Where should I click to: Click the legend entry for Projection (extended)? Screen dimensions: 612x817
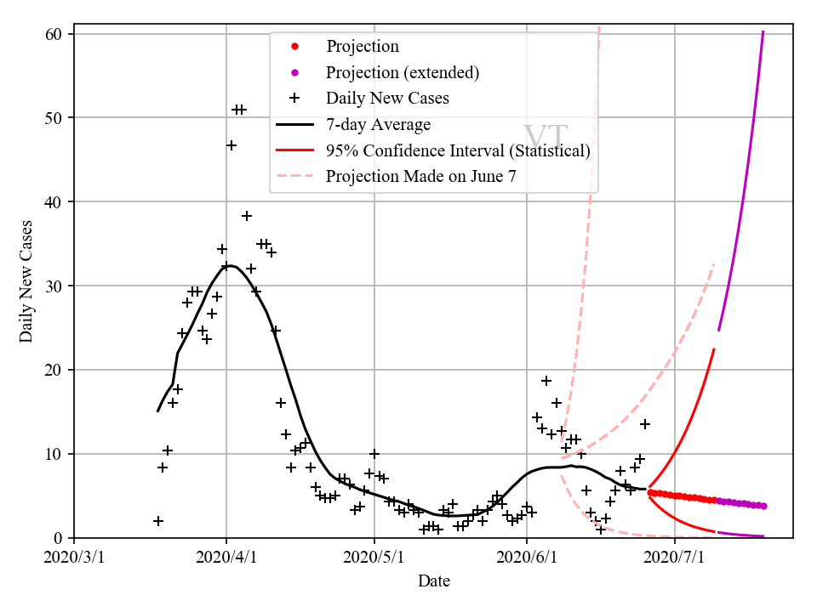402,72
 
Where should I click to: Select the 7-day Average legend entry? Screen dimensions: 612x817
378,125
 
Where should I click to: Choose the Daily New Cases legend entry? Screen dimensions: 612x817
386,99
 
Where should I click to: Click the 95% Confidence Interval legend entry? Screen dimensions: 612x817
457,150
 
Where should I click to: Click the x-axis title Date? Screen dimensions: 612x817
434,581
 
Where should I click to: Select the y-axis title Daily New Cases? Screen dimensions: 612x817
26,281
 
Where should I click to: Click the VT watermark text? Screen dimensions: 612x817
545,138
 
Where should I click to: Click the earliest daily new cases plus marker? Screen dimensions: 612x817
158,521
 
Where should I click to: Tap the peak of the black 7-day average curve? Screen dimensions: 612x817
230,265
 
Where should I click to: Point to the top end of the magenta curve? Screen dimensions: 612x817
763,32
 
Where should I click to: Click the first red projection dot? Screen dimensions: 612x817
650,492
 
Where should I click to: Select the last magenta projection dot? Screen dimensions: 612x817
763,506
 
